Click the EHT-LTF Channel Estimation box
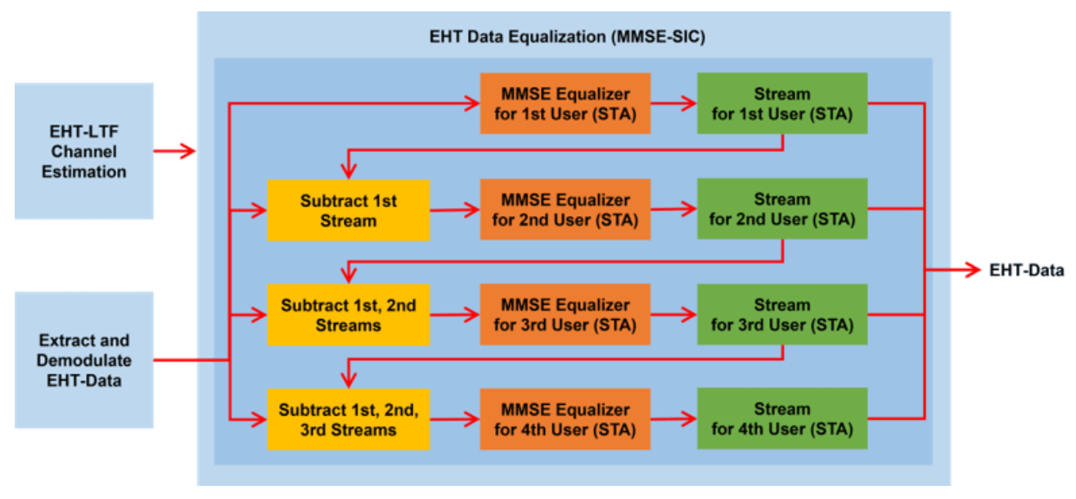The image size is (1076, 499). [84, 151]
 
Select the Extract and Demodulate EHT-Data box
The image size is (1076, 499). [84, 360]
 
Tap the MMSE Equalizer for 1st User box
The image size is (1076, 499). [565, 103]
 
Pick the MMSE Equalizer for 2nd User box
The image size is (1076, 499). [565, 209]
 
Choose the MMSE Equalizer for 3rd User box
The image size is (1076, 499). [565, 315]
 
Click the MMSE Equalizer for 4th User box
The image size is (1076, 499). [565, 420]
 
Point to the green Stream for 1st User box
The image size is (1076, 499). [782, 103]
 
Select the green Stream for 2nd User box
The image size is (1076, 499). [782, 209]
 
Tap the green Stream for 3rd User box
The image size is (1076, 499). [782, 315]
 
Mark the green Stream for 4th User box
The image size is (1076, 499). [782, 418]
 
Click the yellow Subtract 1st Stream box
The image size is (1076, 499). [349, 210]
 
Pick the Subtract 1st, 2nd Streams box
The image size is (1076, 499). [349, 315]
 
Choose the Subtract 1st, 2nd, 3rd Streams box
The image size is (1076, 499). [349, 420]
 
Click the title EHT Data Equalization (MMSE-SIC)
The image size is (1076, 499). [567, 37]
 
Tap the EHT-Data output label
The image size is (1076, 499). [1027, 271]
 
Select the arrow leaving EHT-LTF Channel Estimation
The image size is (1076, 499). [175, 151]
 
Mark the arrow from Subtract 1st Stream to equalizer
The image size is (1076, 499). [455, 210]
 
